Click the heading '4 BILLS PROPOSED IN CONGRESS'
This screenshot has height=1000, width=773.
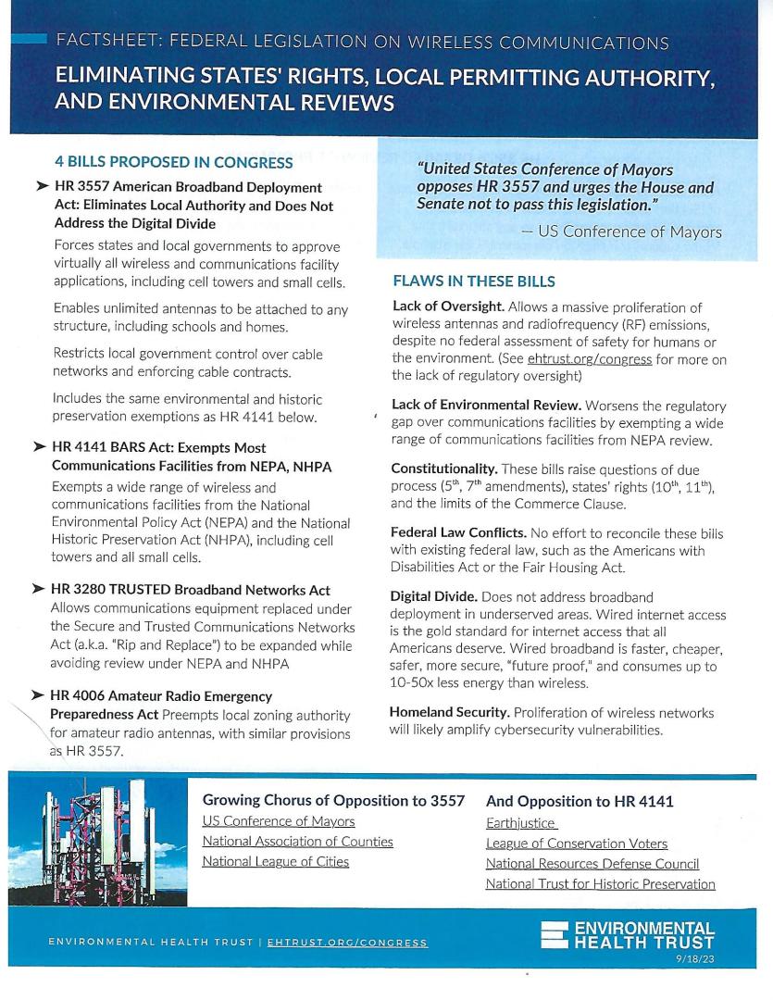tap(173, 163)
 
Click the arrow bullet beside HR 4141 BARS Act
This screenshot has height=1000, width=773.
tap(39, 447)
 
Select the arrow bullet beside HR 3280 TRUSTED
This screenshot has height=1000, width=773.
tap(39, 590)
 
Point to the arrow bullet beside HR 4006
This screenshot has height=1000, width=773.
tap(39, 695)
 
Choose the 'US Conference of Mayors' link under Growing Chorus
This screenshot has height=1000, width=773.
tap(278, 821)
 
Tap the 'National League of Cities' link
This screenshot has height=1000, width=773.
tap(275, 862)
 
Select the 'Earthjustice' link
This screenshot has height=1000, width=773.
tap(520, 822)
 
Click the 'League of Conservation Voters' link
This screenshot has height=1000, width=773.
tap(576, 844)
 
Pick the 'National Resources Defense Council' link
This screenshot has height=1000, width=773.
tap(592, 864)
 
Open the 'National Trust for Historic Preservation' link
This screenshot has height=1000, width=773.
tap(600, 884)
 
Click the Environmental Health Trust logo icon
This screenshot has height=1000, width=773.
tap(555, 936)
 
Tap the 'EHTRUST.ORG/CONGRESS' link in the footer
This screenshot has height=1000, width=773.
tap(346, 943)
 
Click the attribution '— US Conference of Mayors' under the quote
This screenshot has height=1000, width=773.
tap(621, 232)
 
